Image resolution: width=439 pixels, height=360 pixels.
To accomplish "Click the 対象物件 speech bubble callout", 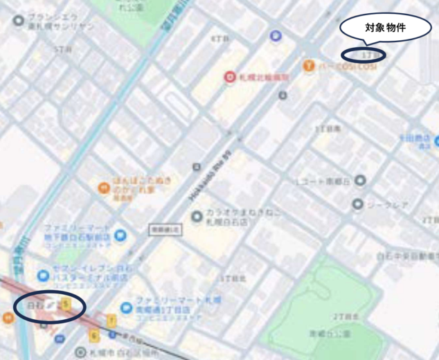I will (x=384, y=29).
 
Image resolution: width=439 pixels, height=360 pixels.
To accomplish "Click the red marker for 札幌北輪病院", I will (x=229, y=78).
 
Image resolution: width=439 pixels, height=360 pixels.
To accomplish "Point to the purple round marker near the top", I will (x=276, y=35).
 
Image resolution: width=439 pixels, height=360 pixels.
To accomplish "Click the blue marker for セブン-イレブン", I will (x=43, y=276).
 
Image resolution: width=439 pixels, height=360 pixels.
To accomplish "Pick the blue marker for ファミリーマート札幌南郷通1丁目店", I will (x=126, y=307).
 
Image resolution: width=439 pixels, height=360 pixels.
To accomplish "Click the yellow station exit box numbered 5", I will (x=66, y=303).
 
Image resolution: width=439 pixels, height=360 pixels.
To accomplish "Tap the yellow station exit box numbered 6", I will (x=94, y=336).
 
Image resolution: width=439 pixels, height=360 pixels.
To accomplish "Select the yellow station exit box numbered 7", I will (x=111, y=320).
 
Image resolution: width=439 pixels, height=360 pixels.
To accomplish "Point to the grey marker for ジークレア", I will (x=357, y=204).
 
